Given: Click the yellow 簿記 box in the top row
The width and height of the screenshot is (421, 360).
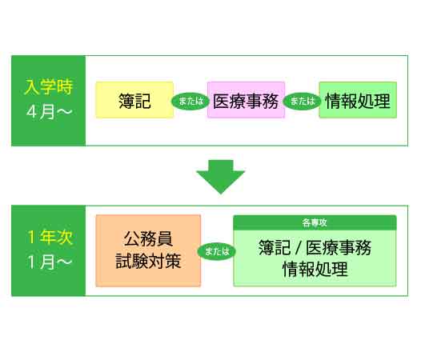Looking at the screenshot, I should tap(134, 100).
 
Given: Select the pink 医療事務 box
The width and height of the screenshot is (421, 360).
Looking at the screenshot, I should tap(246, 100).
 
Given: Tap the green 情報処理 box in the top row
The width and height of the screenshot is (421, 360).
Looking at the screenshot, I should tap(358, 100).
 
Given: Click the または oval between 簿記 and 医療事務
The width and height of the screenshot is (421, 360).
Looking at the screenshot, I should tap(190, 102).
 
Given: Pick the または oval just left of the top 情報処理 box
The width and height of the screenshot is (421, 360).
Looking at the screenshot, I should tap(301, 102).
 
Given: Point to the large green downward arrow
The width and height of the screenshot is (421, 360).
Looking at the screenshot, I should tap(220, 176).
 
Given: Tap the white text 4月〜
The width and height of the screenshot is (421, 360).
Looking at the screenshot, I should tap(48, 113).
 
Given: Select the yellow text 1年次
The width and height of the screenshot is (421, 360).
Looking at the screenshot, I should tap(48, 237).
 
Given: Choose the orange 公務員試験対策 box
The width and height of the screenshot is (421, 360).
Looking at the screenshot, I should tap(148, 250).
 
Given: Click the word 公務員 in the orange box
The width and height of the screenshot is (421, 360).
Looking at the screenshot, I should tap(148, 238).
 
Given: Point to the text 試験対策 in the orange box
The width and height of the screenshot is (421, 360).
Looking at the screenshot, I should tap(148, 262).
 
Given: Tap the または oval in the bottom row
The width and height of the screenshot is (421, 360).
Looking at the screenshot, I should tap(217, 251).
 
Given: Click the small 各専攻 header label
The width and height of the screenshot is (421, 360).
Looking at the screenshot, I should tap(315, 222).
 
